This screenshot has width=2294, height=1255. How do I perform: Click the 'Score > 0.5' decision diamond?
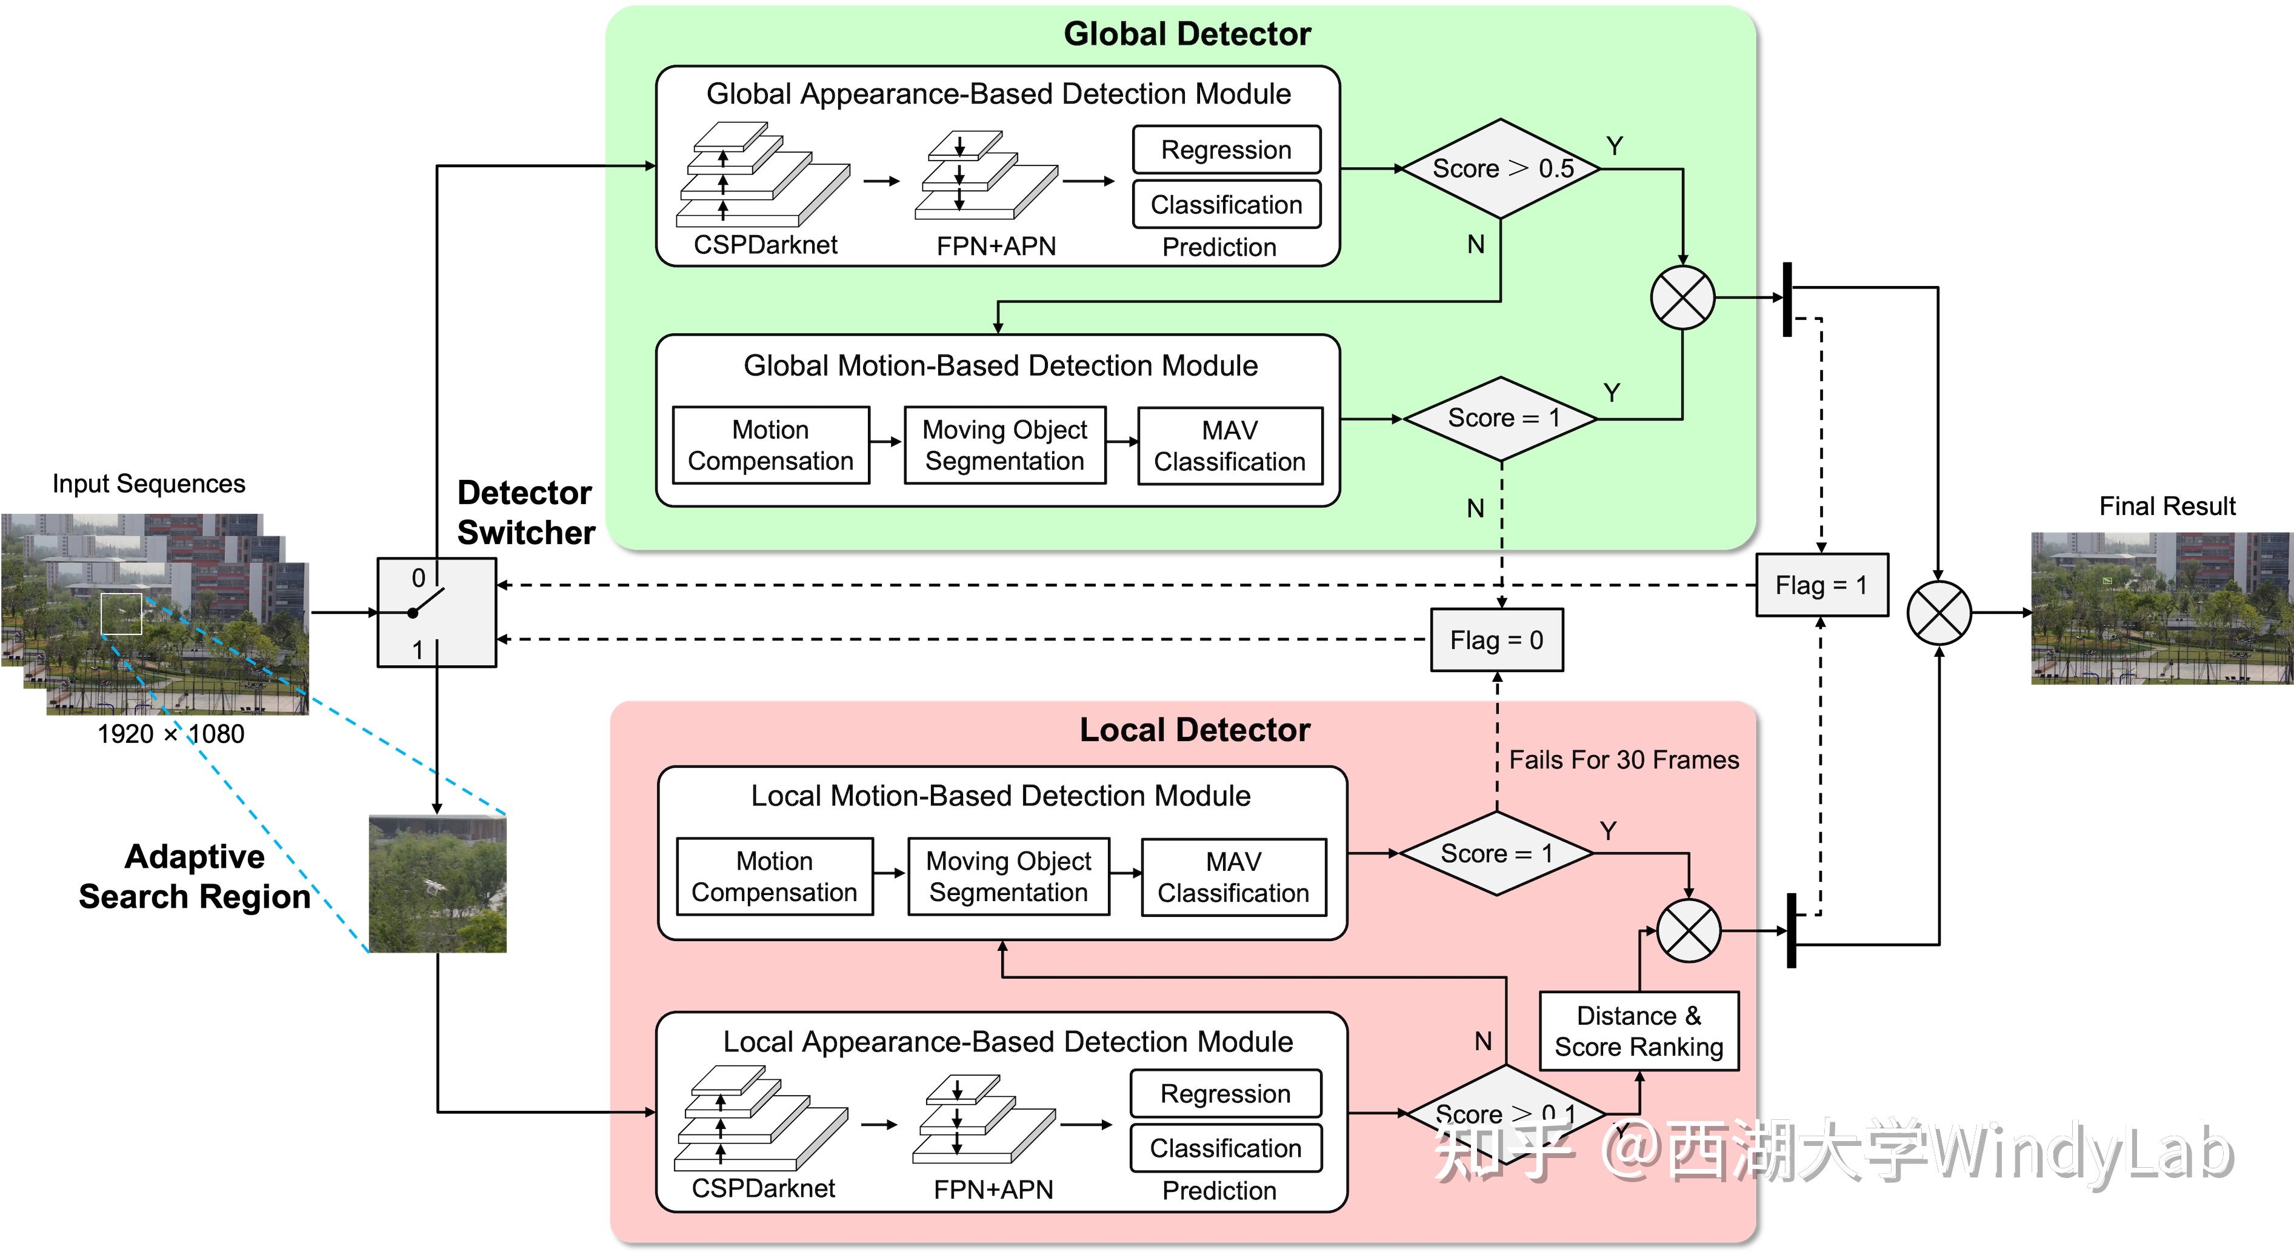tap(1501, 168)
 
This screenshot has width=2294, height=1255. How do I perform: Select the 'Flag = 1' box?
tap(1821, 585)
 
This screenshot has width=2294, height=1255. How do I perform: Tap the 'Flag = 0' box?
tap(1496, 639)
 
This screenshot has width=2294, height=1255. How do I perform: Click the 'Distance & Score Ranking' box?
tap(1639, 1031)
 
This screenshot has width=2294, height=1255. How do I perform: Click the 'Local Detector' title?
tap(1194, 730)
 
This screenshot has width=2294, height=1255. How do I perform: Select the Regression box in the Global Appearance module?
tap(1226, 150)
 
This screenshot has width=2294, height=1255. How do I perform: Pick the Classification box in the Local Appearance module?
tap(1225, 1148)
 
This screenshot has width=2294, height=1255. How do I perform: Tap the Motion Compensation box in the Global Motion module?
tap(770, 445)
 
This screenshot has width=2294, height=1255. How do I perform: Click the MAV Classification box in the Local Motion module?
tap(1233, 877)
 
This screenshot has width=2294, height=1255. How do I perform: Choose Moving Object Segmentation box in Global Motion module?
tap(1004, 445)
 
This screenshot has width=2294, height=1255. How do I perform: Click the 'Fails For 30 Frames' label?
tap(1624, 760)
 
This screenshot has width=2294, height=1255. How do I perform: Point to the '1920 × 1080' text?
tap(170, 734)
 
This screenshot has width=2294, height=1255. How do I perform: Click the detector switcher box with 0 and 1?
tap(436, 613)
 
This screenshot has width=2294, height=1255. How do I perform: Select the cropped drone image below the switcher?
tap(437, 884)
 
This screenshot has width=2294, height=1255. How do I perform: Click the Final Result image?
tap(2161, 608)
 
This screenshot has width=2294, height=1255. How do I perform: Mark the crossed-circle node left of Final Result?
tap(1939, 613)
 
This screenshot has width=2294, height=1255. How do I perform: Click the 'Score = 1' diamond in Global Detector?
tap(1501, 418)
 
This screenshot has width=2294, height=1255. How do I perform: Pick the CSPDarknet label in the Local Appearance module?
tap(763, 1188)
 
